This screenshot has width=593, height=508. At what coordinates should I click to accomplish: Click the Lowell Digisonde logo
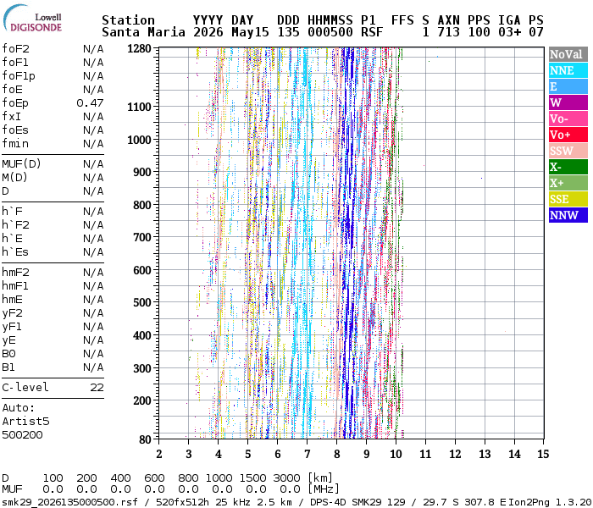(32, 18)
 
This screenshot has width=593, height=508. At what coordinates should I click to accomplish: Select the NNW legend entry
(568, 215)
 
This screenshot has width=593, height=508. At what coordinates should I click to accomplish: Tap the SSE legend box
(568, 199)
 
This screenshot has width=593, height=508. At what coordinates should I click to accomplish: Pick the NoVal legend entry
(568, 54)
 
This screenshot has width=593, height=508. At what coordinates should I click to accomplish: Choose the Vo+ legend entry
(568, 135)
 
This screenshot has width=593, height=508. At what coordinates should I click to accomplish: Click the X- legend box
(568, 167)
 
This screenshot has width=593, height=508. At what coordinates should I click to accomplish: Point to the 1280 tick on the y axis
(139, 49)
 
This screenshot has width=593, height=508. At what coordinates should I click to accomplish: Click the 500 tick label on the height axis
(142, 303)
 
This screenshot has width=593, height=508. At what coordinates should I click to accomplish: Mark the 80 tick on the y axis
(145, 439)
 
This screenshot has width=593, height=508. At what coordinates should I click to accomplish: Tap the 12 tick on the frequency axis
(455, 454)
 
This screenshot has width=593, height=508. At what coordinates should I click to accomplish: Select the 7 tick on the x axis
(307, 454)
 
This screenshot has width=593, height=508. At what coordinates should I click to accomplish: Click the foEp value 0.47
(90, 102)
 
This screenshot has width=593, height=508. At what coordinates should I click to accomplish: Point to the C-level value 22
(97, 388)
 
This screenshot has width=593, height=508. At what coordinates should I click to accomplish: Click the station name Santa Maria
(143, 32)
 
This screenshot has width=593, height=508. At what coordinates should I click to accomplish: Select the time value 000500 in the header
(330, 32)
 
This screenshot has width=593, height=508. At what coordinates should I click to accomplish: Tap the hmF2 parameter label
(15, 272)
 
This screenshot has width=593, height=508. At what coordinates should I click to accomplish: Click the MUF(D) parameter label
(21, 163)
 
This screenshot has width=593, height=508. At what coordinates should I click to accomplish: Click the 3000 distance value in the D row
(286, 478)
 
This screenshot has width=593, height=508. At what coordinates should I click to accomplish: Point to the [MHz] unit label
(324, 489)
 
